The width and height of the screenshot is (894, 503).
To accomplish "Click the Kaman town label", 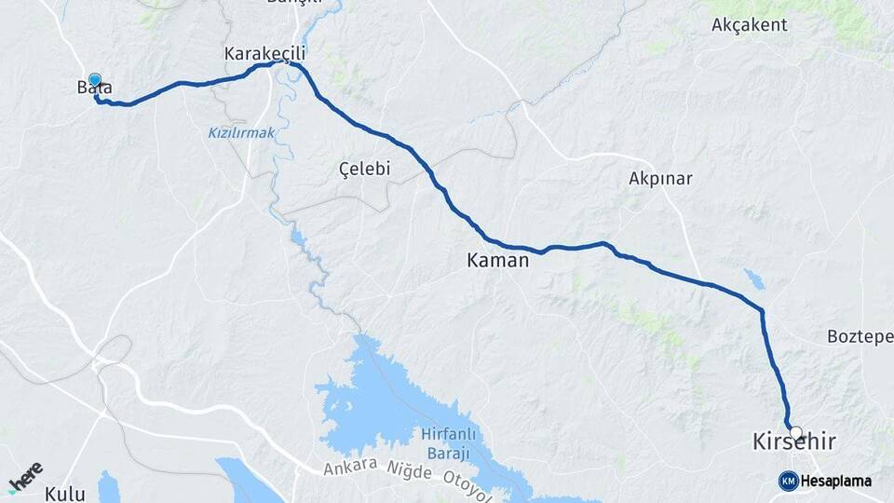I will pos(497,262).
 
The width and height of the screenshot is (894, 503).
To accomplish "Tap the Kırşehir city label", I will pos(792,442).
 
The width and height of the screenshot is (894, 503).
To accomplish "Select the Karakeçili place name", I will pos(265,54).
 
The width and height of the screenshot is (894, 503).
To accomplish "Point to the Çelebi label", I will pos(364,169).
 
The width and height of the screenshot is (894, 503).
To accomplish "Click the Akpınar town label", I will pos(660,179).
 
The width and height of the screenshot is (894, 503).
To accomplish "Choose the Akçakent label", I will pos(749,25).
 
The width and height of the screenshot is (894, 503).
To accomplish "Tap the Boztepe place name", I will pos(860,336).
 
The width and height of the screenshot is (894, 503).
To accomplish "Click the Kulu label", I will pos(64,494).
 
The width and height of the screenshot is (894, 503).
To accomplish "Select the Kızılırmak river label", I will pos(241,133).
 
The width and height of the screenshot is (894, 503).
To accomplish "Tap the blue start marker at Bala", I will pos(95,81).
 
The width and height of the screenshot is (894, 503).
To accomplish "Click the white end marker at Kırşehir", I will pos(795,431).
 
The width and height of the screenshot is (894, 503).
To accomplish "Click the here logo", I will pos(26,477).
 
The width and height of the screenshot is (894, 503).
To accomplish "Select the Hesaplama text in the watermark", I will pos(836,481).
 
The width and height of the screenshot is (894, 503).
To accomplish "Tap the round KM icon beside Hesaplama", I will pos(789,481).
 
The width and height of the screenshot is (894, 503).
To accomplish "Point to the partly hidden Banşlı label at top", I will pos(293,3).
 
